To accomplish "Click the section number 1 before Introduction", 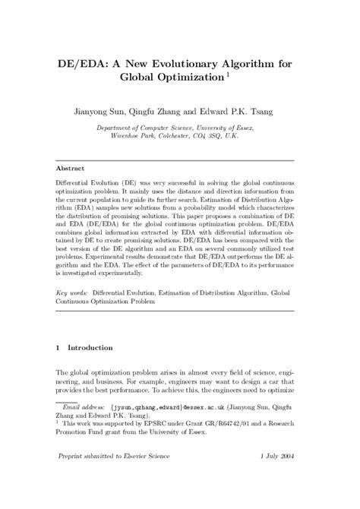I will click(x=59, y=347).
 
